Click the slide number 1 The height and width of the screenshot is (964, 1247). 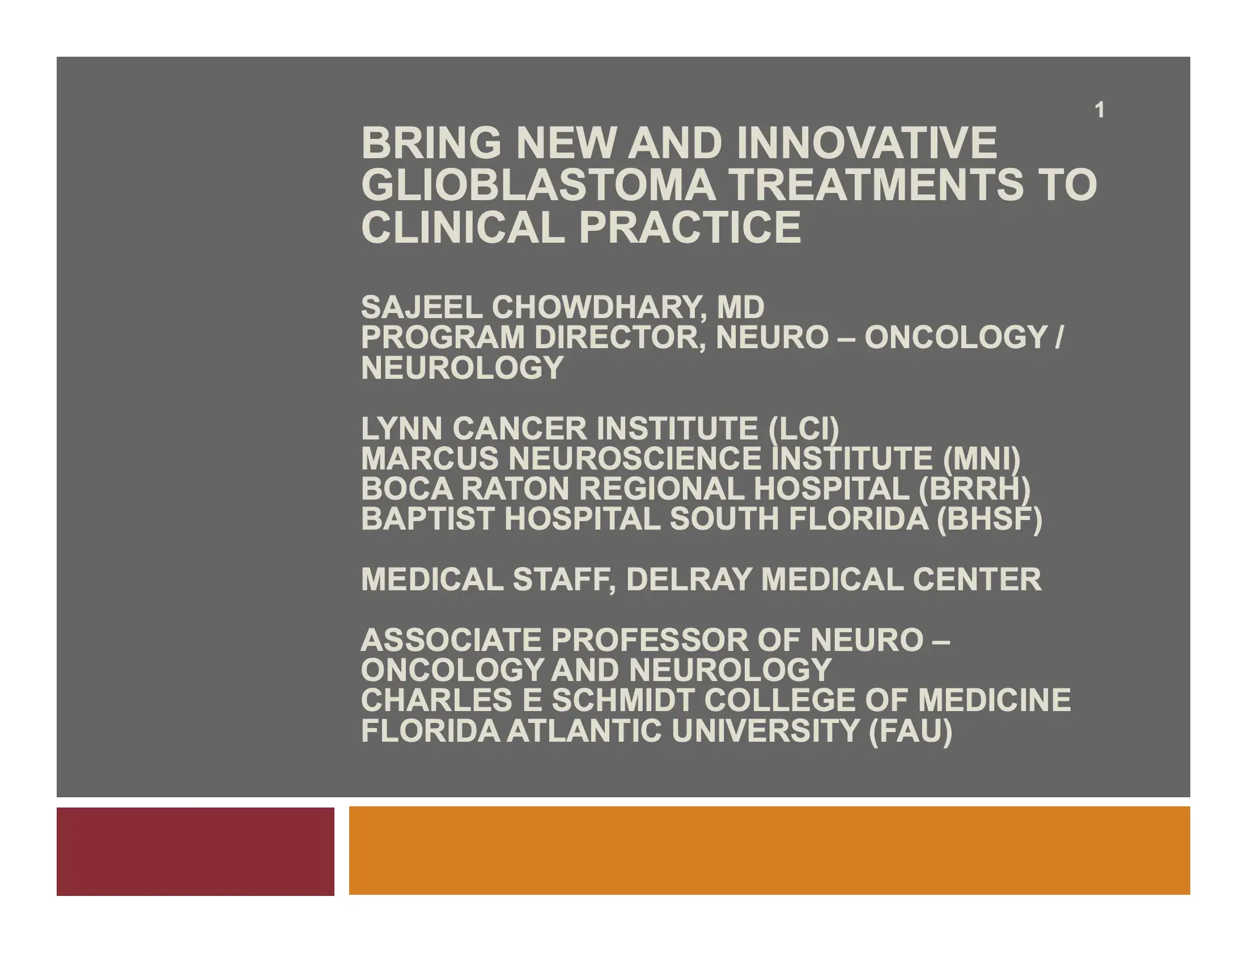[1099, 110]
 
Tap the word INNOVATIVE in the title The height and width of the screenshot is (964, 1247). [867, 143]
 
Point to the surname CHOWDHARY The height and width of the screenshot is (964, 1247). [596, 307]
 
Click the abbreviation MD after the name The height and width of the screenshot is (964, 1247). [741, 307]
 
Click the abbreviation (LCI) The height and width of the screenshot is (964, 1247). [804, 428]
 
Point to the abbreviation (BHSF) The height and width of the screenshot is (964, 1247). [990, 518]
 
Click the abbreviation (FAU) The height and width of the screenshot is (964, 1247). [910, 730]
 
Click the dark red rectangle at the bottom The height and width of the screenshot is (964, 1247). [196, 851]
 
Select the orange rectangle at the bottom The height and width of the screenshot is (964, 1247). [769, 851]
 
